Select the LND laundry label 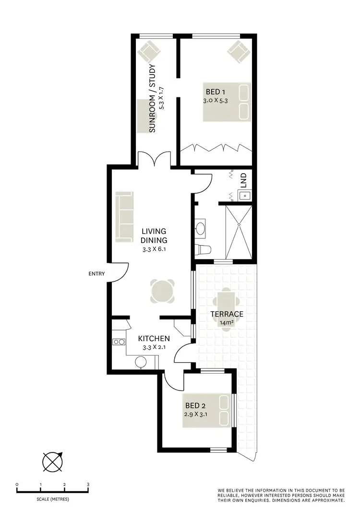coord(243,180)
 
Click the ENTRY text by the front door coord(96,274)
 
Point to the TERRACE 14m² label coord(227,318)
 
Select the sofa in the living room coord(124,217)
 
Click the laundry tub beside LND coord(244,196)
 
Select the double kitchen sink coord(119,342)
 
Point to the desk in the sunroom coord(143,116)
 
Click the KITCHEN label coord(154,338)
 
